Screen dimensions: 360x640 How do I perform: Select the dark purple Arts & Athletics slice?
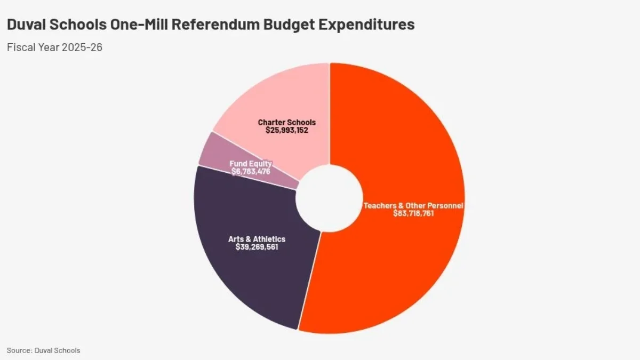(x=251, y=277)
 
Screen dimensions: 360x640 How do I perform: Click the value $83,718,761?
(x=413, y=213)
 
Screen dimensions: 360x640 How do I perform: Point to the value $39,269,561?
(x=257, y=247)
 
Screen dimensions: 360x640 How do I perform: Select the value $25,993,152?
(x=287, y=130)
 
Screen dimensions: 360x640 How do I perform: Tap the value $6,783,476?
(x=251, y=171)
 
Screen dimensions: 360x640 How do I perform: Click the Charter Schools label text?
(x=287, y=123)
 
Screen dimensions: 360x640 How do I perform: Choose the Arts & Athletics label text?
(x=257, y=239)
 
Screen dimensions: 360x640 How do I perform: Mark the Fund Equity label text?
(x=251, y=164)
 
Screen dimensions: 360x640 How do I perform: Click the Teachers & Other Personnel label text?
(x=413, y=205)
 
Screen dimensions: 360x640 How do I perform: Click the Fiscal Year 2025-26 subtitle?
(x=54, y=47)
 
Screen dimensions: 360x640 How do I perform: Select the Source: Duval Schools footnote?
(x=43, y=350)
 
